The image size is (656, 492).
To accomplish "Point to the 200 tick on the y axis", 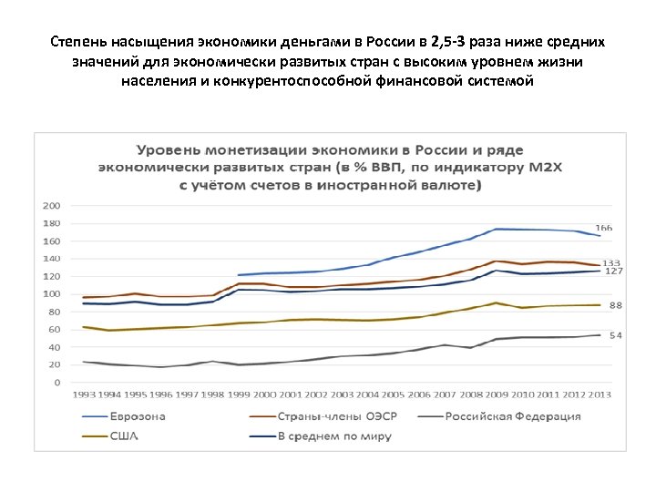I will coord(53,205).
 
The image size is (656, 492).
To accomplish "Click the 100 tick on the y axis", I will coord(53,293).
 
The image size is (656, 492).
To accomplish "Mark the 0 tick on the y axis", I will coord(58,383).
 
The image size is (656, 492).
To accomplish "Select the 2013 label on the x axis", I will coord(599,394).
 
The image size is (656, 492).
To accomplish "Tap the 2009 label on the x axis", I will coord(497,394).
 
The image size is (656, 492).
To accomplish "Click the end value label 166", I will coord(603,227).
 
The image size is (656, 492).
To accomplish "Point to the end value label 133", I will coord(611,262).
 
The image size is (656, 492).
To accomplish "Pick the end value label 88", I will coord(615,305).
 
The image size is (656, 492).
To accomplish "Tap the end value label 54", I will coord(615,335).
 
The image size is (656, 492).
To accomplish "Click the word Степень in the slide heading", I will coord(79,43).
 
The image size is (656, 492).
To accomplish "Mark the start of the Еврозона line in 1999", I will coord(239,274).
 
